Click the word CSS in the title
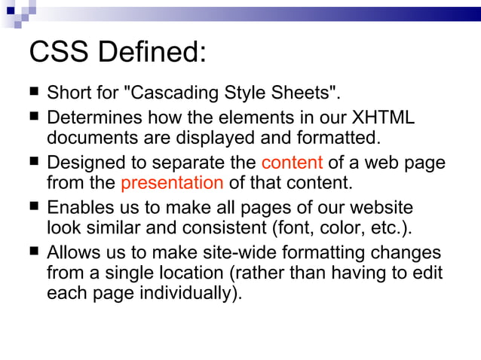point(59,53)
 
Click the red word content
point(293,163)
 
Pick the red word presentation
point(172,182)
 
